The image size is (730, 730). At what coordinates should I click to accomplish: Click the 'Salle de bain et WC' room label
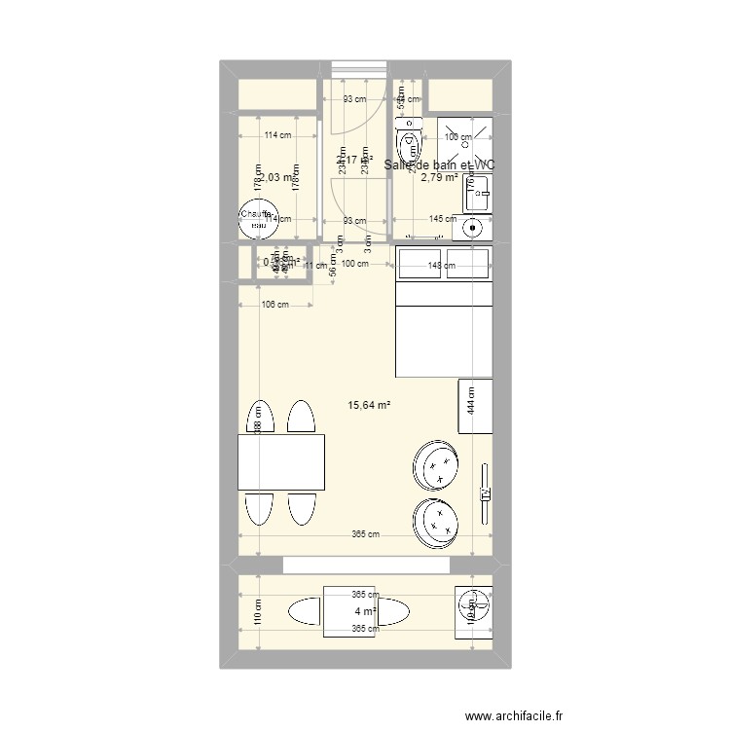(x=439, y=165)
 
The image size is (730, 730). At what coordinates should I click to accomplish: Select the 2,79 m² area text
(x=439, y=177)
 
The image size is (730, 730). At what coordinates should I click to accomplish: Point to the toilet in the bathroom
(x=410, y=142)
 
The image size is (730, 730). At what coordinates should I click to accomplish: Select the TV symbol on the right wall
(x=484, y=496)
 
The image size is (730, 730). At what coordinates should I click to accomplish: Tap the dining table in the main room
(x=281, y=462)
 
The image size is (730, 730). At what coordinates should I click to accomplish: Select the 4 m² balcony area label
(x=365, y=611)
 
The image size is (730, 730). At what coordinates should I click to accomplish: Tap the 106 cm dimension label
(x=275, y=304)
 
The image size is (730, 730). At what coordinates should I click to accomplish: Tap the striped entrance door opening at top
(x=359, y=68)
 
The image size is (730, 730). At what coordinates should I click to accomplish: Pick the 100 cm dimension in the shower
(x=457, y=138)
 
